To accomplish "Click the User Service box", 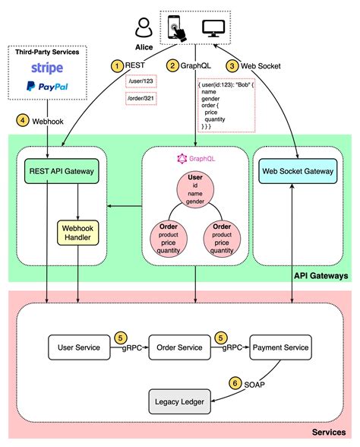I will tap(78, 347).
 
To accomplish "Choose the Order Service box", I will tap(180, 347).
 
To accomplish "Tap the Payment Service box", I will tap(280, 347).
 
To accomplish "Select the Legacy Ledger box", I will tap(179, 399).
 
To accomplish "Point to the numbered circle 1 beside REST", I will tap(116, 66).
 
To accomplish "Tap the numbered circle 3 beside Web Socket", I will tap(232, 66).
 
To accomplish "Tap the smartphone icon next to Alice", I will tap(174, 28).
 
